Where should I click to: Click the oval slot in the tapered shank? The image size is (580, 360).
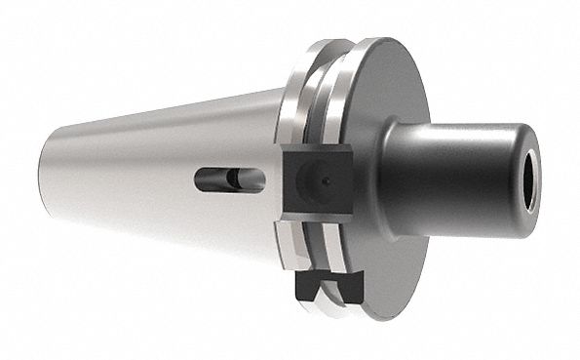228,180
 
